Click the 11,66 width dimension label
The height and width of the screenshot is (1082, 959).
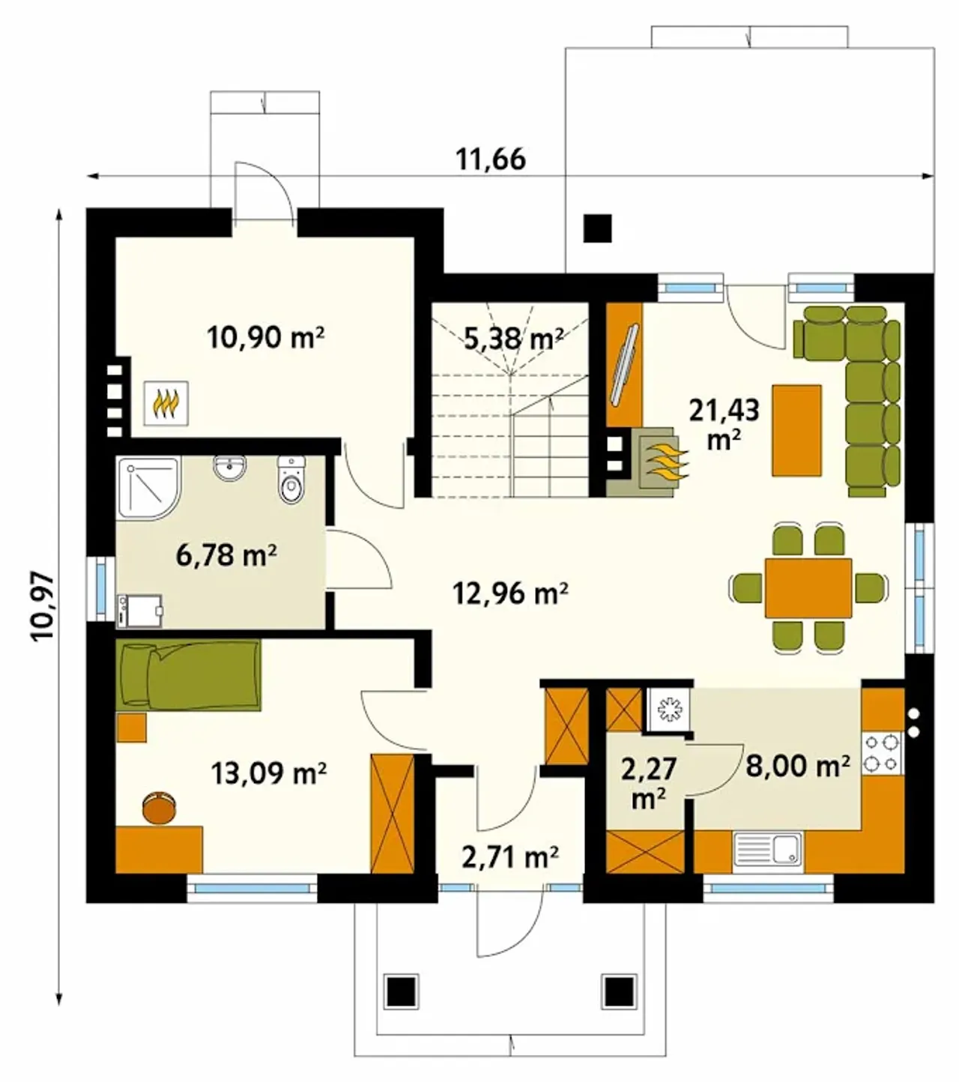(x=490, y=159)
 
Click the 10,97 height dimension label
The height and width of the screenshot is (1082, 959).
(x=43, y=606)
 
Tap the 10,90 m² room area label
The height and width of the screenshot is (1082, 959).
(x=266, y=337)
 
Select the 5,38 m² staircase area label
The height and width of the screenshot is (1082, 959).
(x=513, y=339)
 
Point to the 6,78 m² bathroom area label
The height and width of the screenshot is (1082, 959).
(x=226, y=555)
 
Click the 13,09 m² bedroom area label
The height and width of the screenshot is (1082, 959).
(x=268, y=773)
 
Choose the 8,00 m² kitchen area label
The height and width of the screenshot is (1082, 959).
(x=797, y=767)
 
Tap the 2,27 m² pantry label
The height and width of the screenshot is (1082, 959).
(x=649, y=784)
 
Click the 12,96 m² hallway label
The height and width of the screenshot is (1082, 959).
(x=510, y=593)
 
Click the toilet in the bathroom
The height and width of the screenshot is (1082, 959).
(x=291, y=480)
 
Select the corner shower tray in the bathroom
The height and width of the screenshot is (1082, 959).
(x=148, y=488)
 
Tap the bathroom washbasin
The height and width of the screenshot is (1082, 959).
(x=230, y=468)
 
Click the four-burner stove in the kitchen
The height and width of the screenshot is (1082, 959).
(x=880, y=754)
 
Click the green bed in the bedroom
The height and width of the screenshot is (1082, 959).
(x=189, y=675)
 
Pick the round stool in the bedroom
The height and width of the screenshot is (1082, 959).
(x=159, y=808)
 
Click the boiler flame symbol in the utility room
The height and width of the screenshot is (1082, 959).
(x=166, y=403)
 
